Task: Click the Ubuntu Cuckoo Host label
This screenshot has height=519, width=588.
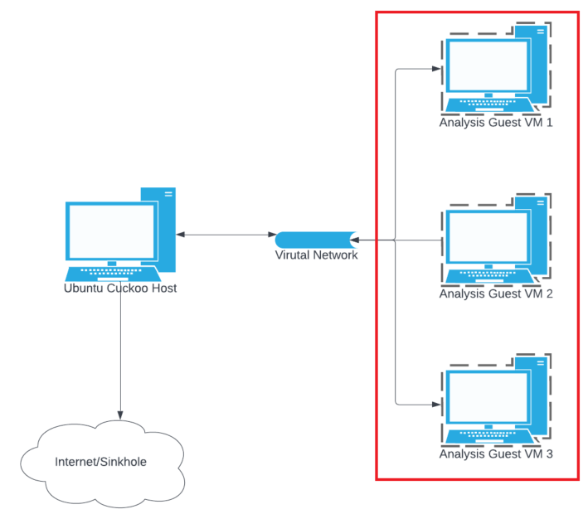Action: point(120,288)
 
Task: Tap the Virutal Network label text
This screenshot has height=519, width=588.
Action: point(316,255)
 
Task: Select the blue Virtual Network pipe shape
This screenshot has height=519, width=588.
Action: point(316,240)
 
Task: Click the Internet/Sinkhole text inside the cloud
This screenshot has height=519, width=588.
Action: point(100,462)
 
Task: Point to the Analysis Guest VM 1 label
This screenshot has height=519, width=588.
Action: point(496,122)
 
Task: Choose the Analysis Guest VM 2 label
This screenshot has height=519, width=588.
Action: point(496,293)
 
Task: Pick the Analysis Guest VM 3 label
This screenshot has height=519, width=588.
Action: point(496,454)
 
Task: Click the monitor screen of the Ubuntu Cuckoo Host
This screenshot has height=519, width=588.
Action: point(112,231)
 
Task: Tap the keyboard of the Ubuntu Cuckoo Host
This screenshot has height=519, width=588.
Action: point(113,274)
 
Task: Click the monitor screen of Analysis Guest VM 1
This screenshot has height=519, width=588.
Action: point(488,66)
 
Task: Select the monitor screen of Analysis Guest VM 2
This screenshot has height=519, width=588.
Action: point(488,236)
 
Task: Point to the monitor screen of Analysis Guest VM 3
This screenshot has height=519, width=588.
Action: point(488,397)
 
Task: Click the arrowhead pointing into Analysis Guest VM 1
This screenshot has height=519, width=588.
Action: point(436,69)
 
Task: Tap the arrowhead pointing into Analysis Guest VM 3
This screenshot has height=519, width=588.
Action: point(436,405)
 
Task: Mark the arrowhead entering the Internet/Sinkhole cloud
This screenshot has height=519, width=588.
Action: point(120,415)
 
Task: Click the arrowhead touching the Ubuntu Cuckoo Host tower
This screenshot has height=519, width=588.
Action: point(180,235)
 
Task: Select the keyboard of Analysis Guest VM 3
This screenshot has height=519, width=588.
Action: point(488,436)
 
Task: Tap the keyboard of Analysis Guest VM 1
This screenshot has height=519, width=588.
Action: point(488,105)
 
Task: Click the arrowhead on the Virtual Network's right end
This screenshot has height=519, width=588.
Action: point(354,240)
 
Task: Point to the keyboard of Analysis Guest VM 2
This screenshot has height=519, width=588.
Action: point(488,276)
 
